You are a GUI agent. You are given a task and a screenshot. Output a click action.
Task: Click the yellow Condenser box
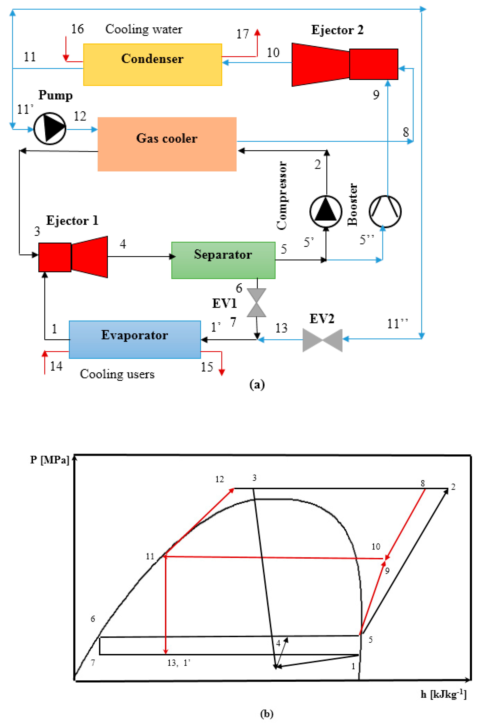point(152,64)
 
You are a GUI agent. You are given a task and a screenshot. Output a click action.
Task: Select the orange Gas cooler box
point(167,144)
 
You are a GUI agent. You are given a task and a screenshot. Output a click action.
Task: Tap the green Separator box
point(223,260)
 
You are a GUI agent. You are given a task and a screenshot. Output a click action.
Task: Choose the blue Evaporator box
point(135,339)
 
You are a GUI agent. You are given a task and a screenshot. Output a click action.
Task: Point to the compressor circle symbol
point(325,211)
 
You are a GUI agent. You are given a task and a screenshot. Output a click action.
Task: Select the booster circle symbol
point(385,211)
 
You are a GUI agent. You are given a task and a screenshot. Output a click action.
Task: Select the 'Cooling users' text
point(117,374)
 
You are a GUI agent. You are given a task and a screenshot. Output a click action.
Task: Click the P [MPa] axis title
point(50,460)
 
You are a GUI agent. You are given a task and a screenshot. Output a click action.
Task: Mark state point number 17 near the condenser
point(242,34)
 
